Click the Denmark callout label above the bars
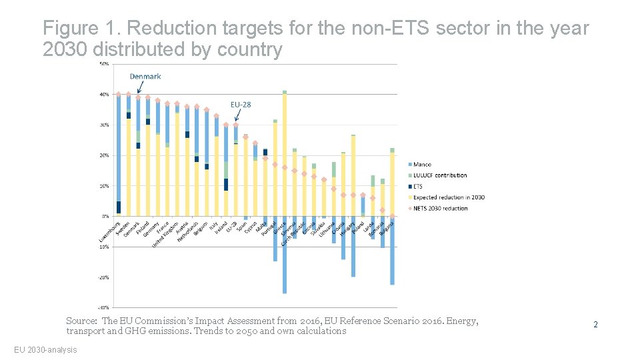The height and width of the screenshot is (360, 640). (145, 77)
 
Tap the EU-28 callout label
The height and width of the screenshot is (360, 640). (241, 105)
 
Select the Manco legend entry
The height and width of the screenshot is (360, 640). (422, 164)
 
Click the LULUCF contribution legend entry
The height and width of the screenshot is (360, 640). (439, 175)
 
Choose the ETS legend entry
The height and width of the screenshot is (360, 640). (418, 187)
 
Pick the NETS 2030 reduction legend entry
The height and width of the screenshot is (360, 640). (440, 208)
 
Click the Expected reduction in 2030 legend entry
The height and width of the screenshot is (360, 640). (449, 197)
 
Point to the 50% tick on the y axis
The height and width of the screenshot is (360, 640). (105, 64)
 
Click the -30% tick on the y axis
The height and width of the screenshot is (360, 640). (104, 308)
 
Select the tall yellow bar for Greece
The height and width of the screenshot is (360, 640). (285, 153)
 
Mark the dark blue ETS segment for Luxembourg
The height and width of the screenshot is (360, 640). (119, 207)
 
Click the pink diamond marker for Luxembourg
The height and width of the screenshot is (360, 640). (119, 94)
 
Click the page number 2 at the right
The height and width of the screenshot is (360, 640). (595, 325)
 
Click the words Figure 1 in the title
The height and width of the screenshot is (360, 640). (80, 29)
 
